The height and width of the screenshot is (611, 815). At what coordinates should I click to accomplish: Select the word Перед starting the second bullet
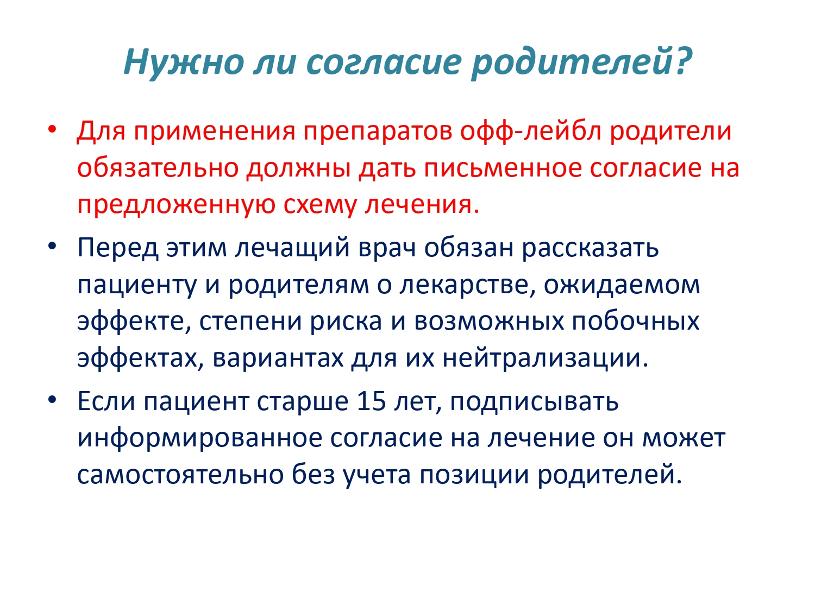[x=117, y=248]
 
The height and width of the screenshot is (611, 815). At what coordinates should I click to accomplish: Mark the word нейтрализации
[x=546, y=358]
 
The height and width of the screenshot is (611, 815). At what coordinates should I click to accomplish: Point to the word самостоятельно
[x=180, y=476]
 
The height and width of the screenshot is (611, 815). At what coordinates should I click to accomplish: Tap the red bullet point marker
[x=52, y=129]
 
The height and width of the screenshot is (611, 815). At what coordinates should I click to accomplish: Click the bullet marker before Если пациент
[x=52, y=400]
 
